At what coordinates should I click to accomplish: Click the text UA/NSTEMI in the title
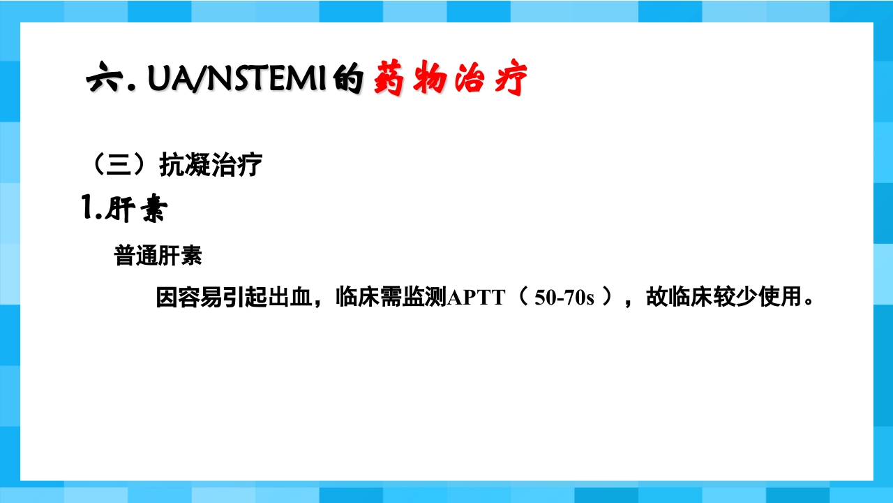tap(238, 80)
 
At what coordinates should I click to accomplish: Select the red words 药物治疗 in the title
tap(449, 79)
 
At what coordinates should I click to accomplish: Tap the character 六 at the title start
tap(102, 80)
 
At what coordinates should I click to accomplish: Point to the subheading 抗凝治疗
tap(211, 166)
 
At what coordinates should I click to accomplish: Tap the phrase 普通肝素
tap(158, 256)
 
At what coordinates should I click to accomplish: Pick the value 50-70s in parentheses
tap(564, 298)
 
